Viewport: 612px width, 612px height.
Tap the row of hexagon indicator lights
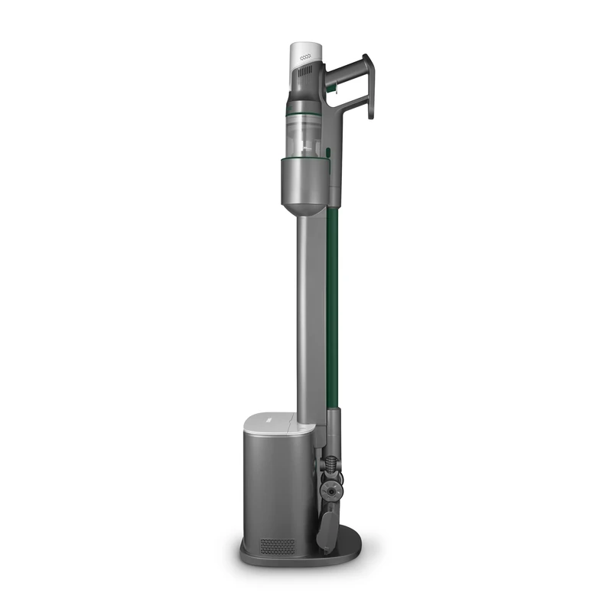306,57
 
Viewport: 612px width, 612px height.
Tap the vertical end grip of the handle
368,88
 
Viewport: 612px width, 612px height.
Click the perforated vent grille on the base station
278,546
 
